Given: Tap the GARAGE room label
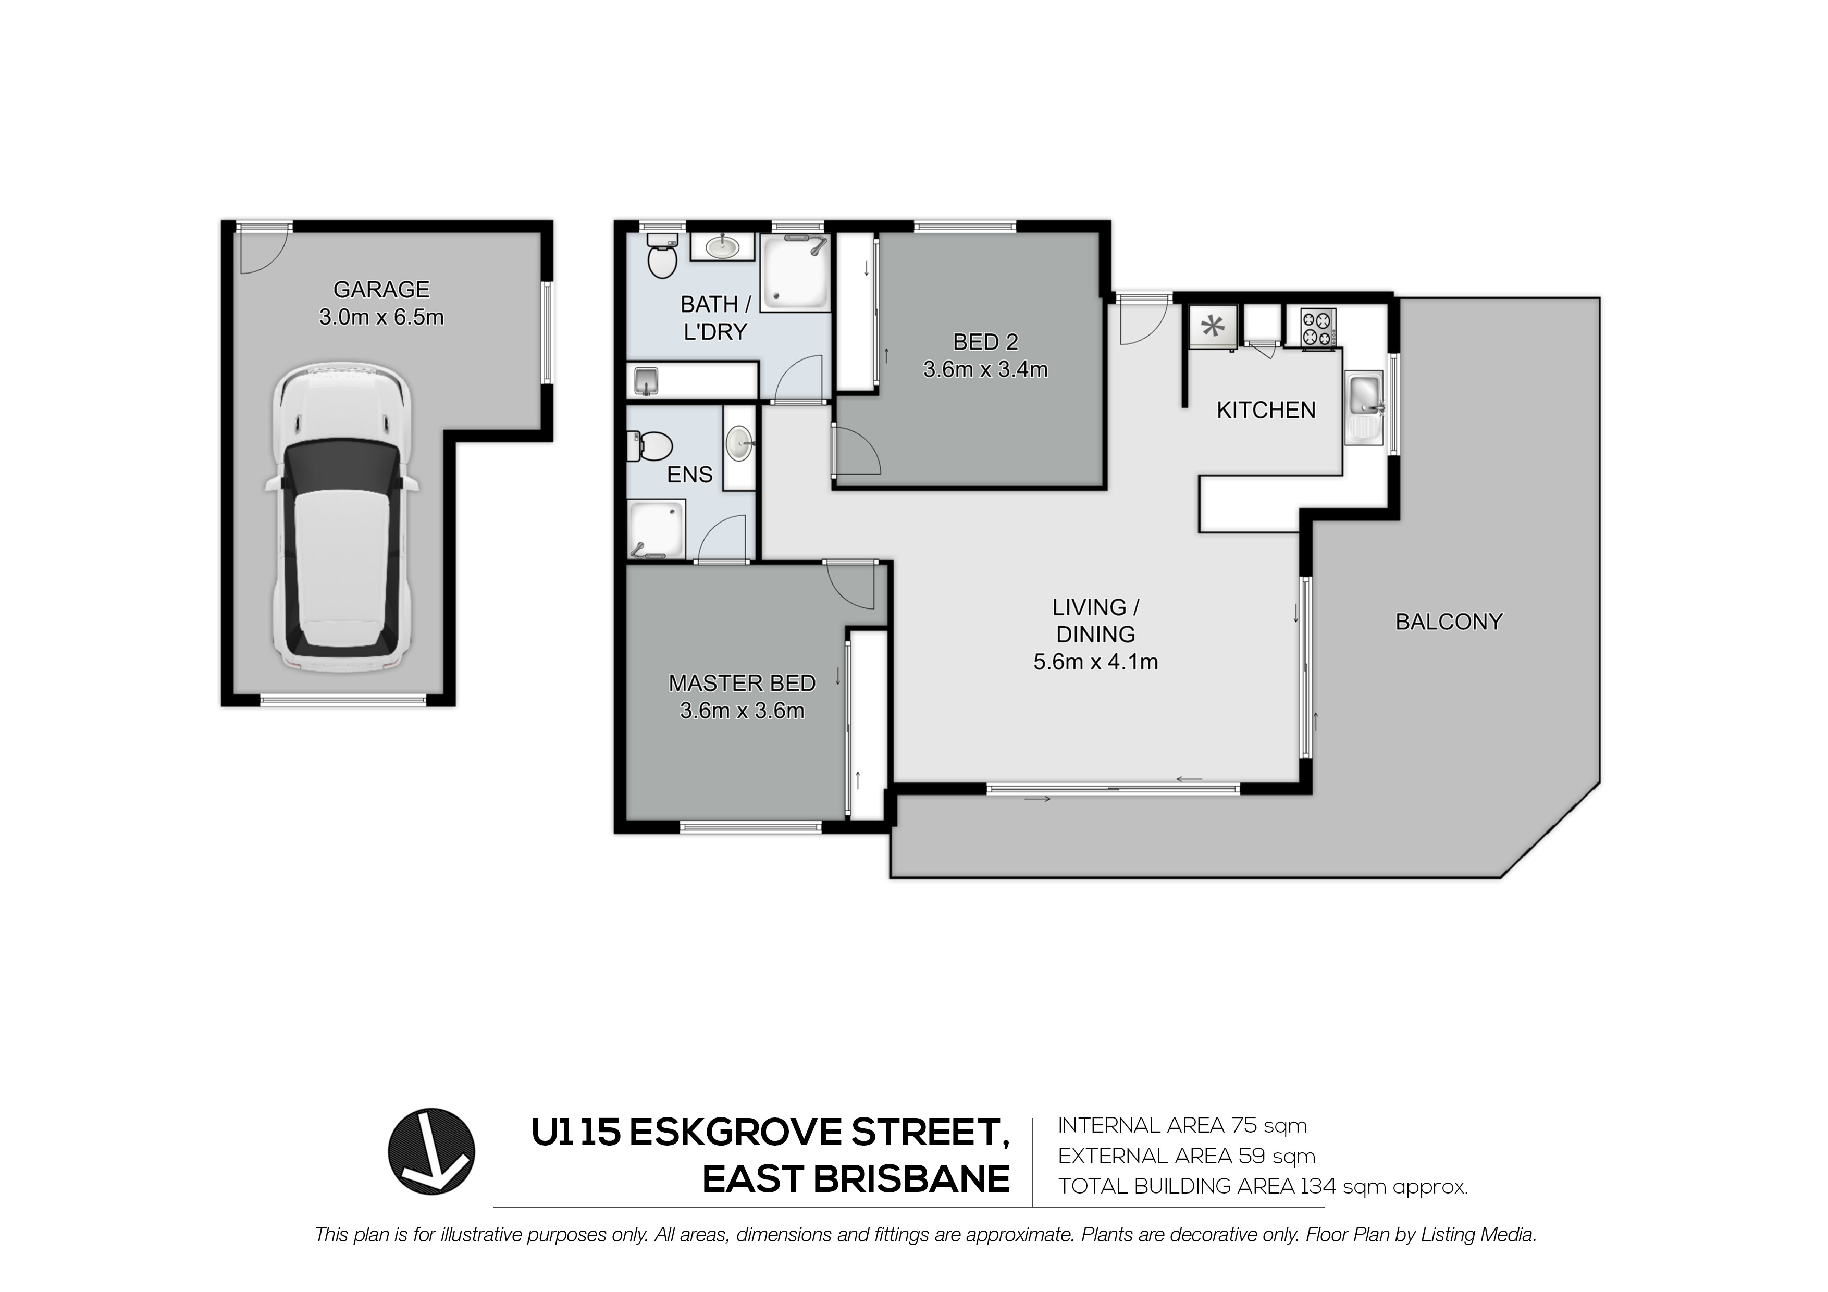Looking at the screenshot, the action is pyautogui.click(x=381, y=289).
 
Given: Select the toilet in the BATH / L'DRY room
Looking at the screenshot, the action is pyautogui.click(x=661, y=255).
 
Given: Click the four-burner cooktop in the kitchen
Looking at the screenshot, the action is pyautogui.click(x=1319, y=328).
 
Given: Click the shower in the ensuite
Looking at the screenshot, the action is pyautogui.click(x=657, y=529).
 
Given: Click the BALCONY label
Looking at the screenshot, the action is pyautogui.click(x=1449, y=622).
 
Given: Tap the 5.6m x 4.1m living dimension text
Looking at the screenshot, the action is pyautogui.click(x=1095, y=662).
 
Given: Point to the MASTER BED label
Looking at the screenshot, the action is pyautogui.click(x=742, y=683).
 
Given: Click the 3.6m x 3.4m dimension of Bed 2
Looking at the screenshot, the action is pyautogui.click(x=986, y=369).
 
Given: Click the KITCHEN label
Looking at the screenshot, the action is pyautogui.click(x=1266, y=410).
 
